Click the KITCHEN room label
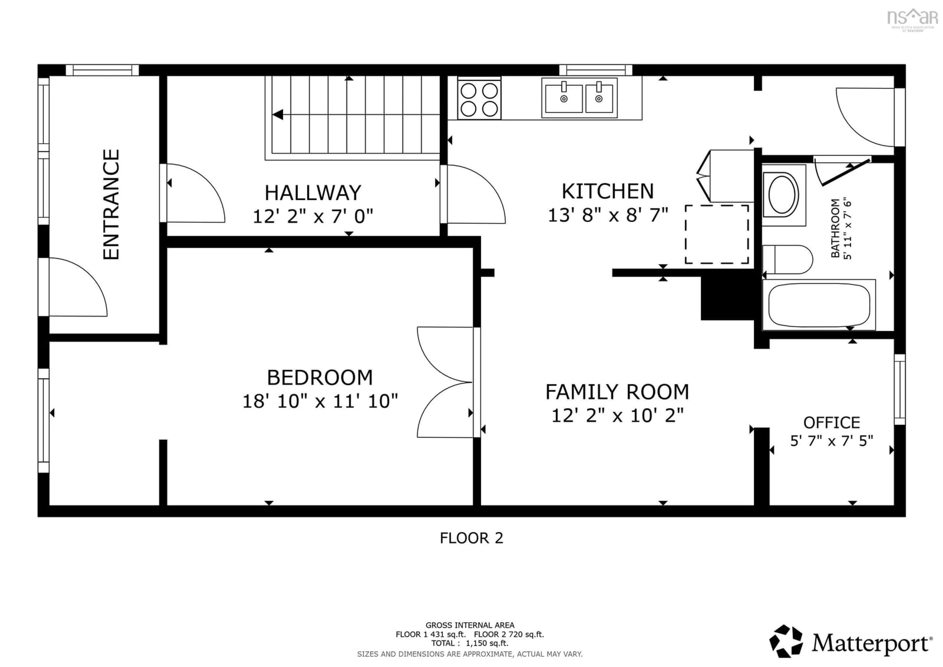608,191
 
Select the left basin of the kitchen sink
564,99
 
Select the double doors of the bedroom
446,382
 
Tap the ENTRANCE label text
111,204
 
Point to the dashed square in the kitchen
717,234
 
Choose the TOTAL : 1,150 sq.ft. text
470,643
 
